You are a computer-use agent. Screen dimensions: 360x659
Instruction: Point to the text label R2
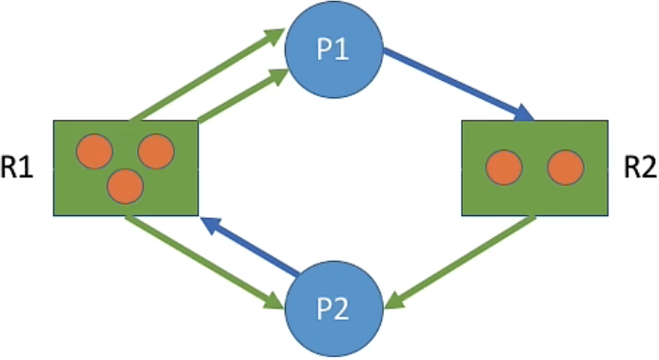point(638,169)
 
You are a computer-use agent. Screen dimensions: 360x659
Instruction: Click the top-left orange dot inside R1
point(95,151)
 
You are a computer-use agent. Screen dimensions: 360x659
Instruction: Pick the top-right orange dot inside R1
point(155,151)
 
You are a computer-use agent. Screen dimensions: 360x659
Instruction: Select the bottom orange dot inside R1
point(125,186)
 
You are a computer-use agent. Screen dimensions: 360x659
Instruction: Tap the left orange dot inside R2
point(504,169)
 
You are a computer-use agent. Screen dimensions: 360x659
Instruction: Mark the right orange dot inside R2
point(565,169)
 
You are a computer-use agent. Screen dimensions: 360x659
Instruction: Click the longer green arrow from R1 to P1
point(205,76)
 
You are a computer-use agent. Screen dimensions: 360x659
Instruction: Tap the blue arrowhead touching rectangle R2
point(523,115)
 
